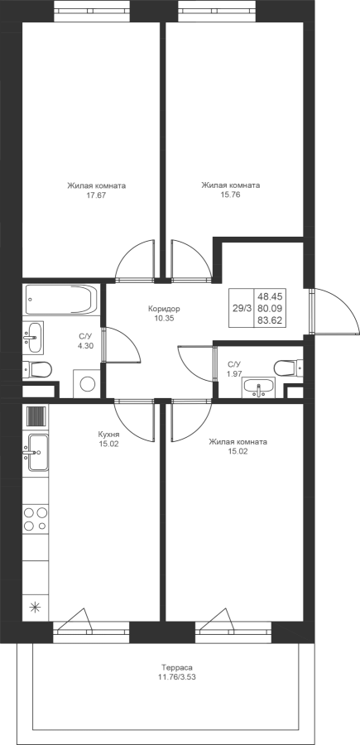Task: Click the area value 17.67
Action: point(96,195)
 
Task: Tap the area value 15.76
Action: point(230,195)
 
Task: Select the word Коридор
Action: point(164,309)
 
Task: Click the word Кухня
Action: point(108,435)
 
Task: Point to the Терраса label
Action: point(176,667)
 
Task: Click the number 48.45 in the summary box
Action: point(270,296)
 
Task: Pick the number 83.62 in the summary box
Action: point(270,320)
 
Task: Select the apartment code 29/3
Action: point(242,308)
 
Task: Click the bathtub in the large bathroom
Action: point(61,300)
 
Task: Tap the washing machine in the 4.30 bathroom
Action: point(88,383)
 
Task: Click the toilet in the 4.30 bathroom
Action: point(37,370)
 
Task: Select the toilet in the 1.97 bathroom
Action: point(288,368)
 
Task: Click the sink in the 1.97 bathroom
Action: point(259,387)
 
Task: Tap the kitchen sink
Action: point(36,452)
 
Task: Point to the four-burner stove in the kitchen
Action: point(36,519)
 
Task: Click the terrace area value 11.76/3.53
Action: point(176,677)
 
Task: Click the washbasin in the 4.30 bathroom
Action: point(33,338)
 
